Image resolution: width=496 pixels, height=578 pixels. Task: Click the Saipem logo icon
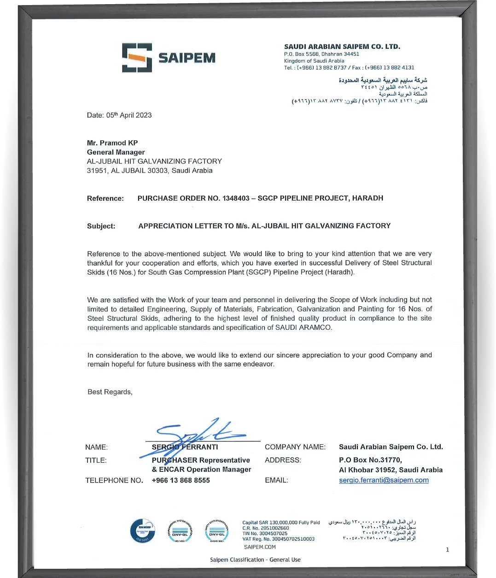click(137, 58)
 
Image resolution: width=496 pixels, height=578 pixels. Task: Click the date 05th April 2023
click(129, 115)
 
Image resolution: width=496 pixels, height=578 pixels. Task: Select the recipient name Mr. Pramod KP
click(112, 143)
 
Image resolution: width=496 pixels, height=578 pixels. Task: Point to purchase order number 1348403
click(236, 198)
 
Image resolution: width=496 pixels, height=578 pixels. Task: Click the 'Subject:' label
click(101, 226)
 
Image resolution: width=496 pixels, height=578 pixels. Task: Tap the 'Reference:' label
click(105, 198)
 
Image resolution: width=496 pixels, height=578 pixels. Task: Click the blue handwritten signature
click(198, 434)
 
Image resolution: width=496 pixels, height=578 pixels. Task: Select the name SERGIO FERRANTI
click(185, 447)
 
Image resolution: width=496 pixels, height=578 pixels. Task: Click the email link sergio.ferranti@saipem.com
click(384, 480)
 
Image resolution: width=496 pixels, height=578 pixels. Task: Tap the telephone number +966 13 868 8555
click(181, 480)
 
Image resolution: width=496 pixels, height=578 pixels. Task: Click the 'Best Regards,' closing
click(110, 392)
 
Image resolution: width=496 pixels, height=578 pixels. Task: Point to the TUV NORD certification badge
click(143, 530)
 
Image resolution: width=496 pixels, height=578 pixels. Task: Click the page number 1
click(447, 549)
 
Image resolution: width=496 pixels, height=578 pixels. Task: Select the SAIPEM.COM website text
click(260, 547)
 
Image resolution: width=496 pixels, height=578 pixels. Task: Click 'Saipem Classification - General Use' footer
click(255, 560)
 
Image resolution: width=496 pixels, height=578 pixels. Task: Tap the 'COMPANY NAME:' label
click(295, 447)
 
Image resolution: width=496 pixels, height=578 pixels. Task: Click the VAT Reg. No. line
click(278, 539)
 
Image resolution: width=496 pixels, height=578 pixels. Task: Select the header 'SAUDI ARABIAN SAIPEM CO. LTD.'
click(342, 47)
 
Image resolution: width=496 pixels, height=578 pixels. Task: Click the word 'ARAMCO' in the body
click(315, 328)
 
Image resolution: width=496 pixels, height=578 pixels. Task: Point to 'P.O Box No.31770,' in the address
click(370, 460)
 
